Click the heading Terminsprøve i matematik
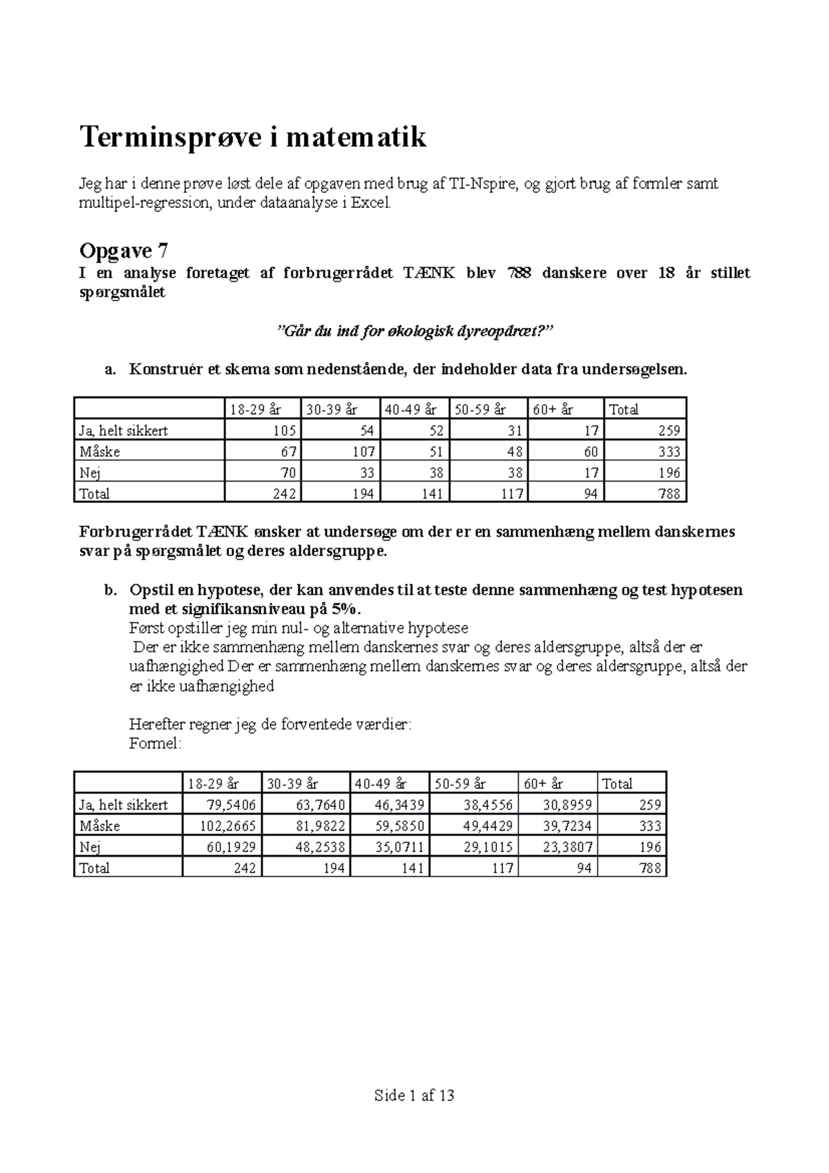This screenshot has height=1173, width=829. tap(253, 137)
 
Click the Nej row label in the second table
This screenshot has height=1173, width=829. tap(90, 847)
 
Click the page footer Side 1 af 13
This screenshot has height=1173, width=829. tap(414, 1095)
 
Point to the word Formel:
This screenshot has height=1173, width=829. tap(155, 744)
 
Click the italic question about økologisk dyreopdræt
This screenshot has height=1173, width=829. tap(414, 332)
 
